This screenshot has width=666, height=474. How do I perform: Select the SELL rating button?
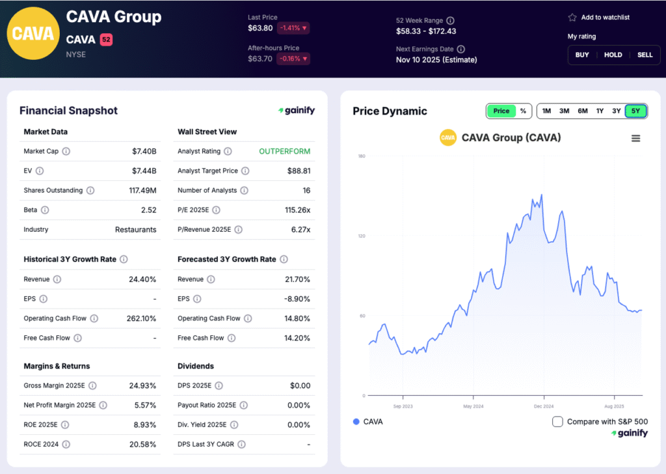[645, 55]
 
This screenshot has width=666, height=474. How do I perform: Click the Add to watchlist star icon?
[572, 18]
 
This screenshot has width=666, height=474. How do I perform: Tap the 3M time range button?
[564, 111]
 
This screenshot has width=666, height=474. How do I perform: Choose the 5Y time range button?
[635, 111]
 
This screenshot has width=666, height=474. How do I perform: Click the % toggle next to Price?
[523, 111]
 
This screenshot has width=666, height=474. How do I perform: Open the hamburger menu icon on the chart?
[635, 138]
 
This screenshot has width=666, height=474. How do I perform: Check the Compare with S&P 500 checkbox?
[557, 421]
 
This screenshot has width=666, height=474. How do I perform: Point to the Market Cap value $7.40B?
[144, 151]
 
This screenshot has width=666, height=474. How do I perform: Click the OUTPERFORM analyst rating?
[284, 151]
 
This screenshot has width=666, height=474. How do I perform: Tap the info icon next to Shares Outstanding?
[90, 191]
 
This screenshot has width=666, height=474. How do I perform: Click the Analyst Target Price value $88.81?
[299, 171]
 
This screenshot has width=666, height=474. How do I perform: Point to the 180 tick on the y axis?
[361, 156]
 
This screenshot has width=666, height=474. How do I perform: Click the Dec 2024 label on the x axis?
[544, 406]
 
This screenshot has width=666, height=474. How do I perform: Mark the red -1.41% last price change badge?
[293, 28]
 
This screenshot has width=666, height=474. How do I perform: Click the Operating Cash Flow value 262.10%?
[141, 318]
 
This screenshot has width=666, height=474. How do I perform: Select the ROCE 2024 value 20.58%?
[142, 444]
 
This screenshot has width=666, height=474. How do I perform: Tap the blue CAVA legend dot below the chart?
[356, 421]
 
